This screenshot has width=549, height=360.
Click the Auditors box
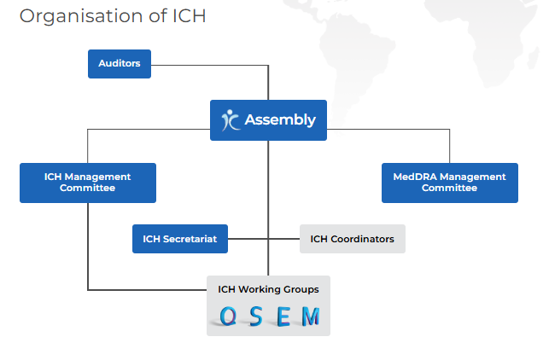[120, 64]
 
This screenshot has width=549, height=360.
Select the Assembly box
[269, 120]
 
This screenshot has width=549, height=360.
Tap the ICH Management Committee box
[88, 183]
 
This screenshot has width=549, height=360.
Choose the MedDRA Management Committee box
[449, 183]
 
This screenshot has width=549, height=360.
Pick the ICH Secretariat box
[180, 239]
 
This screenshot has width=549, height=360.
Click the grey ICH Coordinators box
[352, 239]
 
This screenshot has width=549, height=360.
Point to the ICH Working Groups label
[268, 289]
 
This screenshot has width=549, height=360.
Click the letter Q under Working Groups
[228, 317]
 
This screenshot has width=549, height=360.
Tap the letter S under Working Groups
[255, 317]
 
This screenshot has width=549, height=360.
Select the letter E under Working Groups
[283, 317]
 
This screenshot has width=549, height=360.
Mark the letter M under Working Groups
[310, 317]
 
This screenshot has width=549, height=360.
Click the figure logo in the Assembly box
[230, 120]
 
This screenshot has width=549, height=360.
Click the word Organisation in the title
[78, 16]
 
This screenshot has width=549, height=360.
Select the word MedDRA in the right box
[415, 177]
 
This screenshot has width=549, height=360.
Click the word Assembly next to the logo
[280, 120]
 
